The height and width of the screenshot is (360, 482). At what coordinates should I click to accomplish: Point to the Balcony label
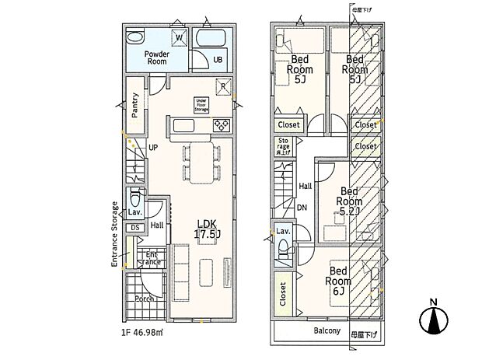click(x=327, y=330)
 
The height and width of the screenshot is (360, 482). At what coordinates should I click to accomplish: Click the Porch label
click(x=144, y=299)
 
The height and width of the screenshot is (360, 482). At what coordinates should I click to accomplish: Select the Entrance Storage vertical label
click(x=114, y=235)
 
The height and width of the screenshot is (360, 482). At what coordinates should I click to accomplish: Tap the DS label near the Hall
click(x=134, y=227)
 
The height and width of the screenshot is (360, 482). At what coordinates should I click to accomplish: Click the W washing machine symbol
click(x=178, y=37)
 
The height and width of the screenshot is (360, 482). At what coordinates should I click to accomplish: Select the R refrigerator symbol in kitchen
click(x=223, y=86)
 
